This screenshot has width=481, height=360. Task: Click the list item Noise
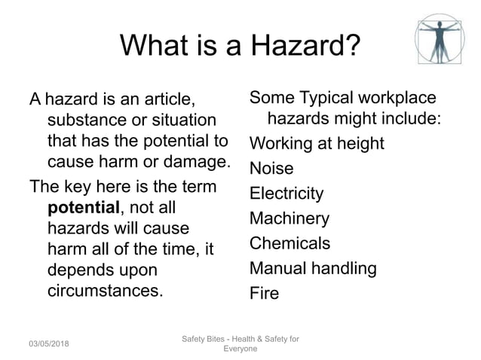271,168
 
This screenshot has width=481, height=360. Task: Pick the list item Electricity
286,194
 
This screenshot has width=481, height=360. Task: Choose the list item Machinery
290,218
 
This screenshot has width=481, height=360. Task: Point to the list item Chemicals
290,243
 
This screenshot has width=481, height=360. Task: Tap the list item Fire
264,293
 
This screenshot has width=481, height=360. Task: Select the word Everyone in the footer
241,349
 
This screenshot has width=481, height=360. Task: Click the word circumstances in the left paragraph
104,290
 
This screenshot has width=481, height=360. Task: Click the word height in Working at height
360,143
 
